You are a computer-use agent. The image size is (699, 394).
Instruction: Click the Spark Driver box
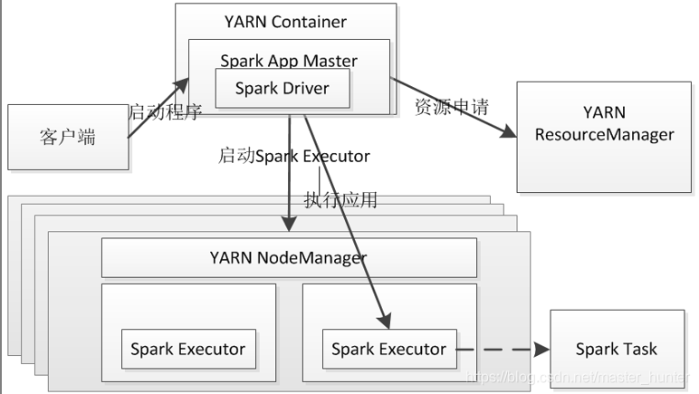[x=282, y=88]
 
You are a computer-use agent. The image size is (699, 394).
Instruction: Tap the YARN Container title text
[x=285, y=22]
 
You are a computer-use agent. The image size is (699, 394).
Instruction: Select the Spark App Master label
[x=289, y=61]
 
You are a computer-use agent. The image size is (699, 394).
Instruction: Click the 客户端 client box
[x=68, y=137]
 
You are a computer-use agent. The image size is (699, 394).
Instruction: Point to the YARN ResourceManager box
[x=604, y=137]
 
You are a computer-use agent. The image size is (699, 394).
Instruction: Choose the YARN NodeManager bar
[x=289, y=257]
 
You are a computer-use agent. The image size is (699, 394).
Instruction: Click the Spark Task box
[x=617, y=349]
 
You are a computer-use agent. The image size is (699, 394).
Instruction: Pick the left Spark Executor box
[x=188, y=349]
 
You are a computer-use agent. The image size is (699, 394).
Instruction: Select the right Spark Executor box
[x=389, y=349]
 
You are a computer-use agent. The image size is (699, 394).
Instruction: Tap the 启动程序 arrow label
[x=165, y=112]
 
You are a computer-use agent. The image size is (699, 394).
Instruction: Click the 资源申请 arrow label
[x=452, y=107]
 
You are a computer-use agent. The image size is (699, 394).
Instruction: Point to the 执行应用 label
[x=340, y=199]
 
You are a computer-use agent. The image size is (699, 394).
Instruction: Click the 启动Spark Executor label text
[x=293, y=156]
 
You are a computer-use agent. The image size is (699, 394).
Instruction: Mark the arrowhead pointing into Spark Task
[x=542, y=350]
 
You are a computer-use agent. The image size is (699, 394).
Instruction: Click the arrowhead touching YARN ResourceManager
[x=508, y=131]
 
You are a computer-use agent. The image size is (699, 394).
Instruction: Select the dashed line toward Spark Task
[x=495, y=350]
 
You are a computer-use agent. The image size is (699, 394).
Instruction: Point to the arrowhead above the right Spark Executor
[x=385, y=321]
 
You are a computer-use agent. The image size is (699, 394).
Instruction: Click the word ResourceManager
[x=605, y=135]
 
